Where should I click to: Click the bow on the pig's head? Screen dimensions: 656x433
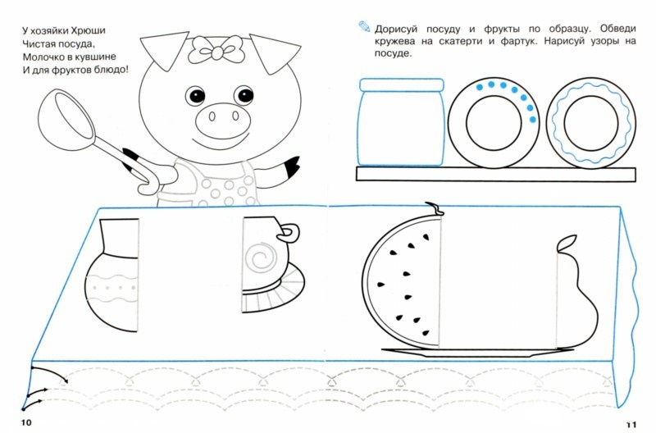(216, 49)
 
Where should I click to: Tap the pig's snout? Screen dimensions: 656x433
(222, 118)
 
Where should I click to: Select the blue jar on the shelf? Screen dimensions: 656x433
(401, 122)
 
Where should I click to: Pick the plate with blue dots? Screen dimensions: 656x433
(494, 123)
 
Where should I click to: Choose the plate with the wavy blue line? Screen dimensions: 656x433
(590, 123)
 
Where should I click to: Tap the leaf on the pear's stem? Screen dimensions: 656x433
(567, 243)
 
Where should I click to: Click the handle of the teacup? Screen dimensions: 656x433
(290, 234)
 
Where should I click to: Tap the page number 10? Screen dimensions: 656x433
(26, 422)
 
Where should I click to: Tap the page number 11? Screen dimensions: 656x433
(631, 424)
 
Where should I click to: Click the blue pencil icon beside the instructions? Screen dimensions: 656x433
(364, 26)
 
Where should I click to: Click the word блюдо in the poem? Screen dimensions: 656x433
(112, 70)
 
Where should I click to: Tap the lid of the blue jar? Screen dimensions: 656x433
(401, 85)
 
